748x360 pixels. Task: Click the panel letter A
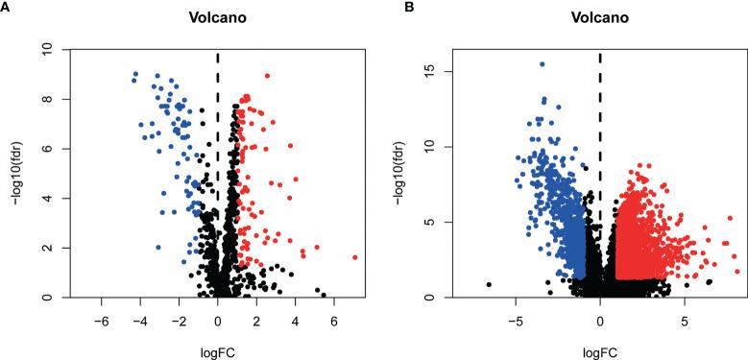click(x=6, y=7)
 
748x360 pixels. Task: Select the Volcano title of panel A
click(x=217, y=17)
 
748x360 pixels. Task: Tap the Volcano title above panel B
click(x=599, y=17)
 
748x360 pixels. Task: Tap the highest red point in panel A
click(x=267, y=75)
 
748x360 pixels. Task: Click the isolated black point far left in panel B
click(x=489, y=284)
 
